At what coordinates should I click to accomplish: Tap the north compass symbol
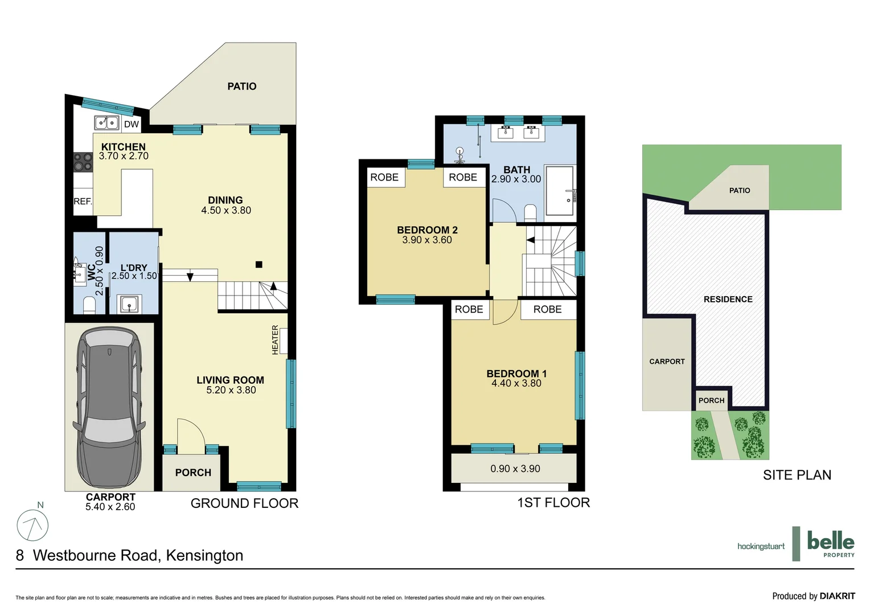click(x=33, y=524)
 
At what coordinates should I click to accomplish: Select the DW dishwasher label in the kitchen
click(x=132, y=124)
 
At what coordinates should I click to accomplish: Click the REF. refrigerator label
click(x=83, y=202)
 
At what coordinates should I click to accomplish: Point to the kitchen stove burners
click(x=83, y=162)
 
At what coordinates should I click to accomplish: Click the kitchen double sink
click(x=106, y=123)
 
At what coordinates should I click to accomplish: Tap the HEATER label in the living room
click(x=276, y=340)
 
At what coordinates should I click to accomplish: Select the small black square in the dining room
click(x=259, y=264)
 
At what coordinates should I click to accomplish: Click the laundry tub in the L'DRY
click(x=130, y=305)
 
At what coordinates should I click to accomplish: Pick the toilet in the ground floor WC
click(x=89, y=305)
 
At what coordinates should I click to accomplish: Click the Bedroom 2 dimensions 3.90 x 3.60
click(x=427, y=240)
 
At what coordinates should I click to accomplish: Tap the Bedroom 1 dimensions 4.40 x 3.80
click(x=516, y=384)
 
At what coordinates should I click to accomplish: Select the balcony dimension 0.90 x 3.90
click(x=515, y=469)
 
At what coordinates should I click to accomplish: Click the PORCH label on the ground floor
click(x=193, y=473)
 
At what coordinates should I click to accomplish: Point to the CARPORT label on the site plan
click(x=667, y=362)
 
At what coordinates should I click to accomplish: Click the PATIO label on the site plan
click(x=740, y=191)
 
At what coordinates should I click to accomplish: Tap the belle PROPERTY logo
click(x=830, y=544)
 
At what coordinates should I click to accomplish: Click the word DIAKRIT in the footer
click(x=837, y=596)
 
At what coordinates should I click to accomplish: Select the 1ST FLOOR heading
click(x=553, y=503)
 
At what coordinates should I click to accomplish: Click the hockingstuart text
click(x=761, y=547)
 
